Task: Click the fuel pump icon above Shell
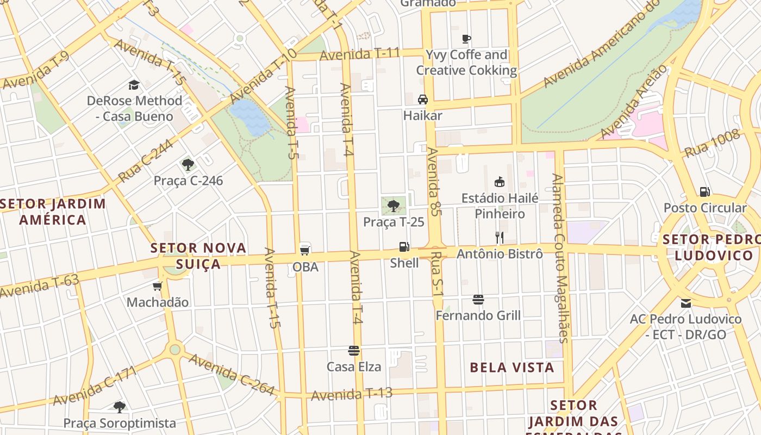point(404,246)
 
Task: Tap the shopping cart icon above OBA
point(305,250)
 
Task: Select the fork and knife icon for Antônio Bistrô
point(500,237)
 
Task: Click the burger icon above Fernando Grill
point(478,299)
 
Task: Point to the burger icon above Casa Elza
point(354,350)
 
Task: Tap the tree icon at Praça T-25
point(394,206)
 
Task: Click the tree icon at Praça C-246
point(188,164)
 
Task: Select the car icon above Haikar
point(422,99)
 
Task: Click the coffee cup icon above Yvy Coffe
point(466,39)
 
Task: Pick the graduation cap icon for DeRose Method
point(134,84)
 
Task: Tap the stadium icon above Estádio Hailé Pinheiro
point(500,182)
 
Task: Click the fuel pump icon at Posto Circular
point(704,191)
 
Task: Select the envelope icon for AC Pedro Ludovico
point(685,303)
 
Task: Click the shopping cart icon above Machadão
point(158,286)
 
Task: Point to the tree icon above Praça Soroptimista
point(120,407)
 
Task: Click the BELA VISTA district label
point(512,368)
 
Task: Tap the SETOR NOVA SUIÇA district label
point(198,256)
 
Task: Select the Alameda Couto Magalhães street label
point(560,258)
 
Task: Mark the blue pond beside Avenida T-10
point(250,117)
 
